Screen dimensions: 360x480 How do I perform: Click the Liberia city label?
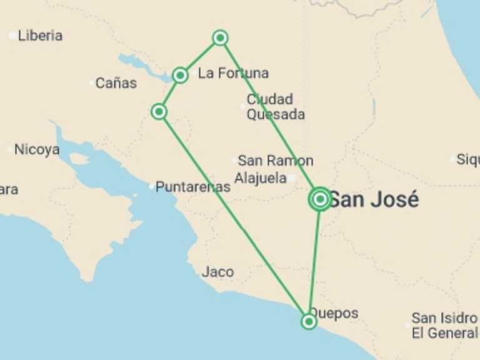40,36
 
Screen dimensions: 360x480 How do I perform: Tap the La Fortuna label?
233,73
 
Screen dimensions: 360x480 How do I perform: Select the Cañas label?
116,82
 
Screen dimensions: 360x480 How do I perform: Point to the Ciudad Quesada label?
276,107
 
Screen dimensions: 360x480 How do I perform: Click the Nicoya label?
37,149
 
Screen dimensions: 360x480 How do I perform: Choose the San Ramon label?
275,161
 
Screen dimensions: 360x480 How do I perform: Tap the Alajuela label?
260,178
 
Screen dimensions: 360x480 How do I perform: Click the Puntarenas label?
192,186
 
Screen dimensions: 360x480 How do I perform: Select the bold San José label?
373,200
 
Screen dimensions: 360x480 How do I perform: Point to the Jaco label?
217,272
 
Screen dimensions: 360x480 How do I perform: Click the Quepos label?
334,312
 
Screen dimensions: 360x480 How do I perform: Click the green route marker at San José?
320,199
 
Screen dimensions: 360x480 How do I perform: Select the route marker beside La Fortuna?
180,76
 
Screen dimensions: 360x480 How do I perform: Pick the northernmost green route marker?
220,37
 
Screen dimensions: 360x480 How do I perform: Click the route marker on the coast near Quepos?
309,321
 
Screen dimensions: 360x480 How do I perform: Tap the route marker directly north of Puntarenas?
159,112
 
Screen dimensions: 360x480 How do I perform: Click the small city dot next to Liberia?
12,36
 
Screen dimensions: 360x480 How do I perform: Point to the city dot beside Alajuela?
291,178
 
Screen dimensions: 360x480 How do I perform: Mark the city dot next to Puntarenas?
151,186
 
